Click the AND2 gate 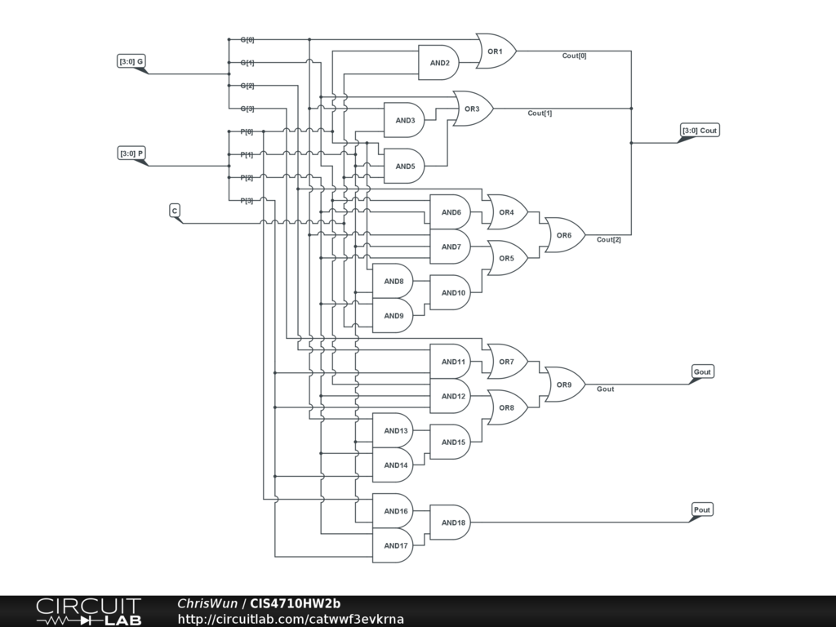[x=438, y=63]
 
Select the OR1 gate [x=496, y=51]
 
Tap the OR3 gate [x=473, y=109]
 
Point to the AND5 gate [x=405, y=167]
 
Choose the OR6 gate [x=565, y=235]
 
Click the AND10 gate [x=451, y=293]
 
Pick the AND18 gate [x=451, y=522]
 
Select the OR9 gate [x=565, y=385]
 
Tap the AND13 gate [x=393, y=431]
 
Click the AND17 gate [x=393, y=545]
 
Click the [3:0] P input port [x=132, y=156]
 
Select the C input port [x=176, y=213]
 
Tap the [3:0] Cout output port [x=700, y=132]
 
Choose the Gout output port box [x=702, y=371]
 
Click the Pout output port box [x=702, y=509]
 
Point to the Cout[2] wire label [x=608, y=240]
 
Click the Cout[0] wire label [x=574, y=56]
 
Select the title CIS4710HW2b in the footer [x=295, y=603]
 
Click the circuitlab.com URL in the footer [x=291, y=619]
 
